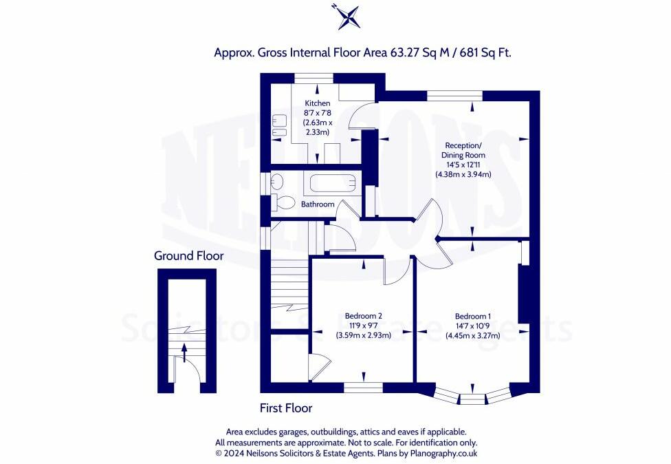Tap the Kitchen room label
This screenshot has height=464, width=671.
tap(318, 103)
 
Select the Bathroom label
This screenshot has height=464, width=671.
tap(318, 204)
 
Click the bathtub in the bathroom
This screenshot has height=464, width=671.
tap(333, 183)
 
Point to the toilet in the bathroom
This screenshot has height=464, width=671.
tap(283, 202)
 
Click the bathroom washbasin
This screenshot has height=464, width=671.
tap(278, 182)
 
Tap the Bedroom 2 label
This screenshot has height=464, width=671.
tap(363, 316)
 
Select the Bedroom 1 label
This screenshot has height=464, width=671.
tap(473, 316)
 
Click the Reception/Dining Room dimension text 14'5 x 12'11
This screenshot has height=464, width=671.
tap(463, 165)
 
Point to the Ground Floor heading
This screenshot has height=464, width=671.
tap(188, 256)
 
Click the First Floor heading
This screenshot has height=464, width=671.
tap(286, 408)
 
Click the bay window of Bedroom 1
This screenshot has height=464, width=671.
tap(473, 395)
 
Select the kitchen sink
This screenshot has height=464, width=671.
tap(279, 126)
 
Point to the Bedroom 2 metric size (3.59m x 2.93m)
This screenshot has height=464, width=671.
tap(363, 335)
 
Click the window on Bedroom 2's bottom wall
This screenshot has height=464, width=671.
tap(363, 388)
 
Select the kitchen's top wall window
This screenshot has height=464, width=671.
tap(313, 78)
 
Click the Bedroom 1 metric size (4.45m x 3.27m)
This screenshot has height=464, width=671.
tap(473, 335)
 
